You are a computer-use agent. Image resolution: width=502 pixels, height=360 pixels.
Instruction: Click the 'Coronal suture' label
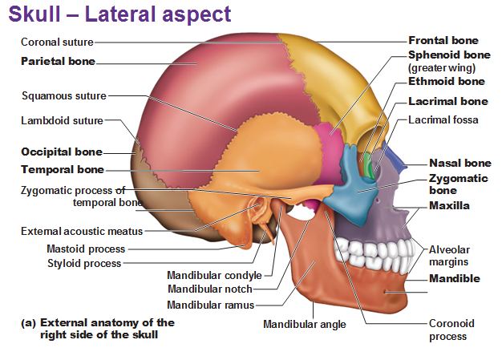57,42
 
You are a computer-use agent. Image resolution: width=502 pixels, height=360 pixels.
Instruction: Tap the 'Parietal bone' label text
58,61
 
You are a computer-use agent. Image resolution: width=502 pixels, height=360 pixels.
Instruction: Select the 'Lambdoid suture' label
62,121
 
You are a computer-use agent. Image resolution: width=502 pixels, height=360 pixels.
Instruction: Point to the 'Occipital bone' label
61,152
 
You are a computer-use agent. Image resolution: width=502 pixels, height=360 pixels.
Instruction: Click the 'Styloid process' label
84,263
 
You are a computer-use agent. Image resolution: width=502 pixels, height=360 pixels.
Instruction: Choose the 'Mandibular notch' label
209,289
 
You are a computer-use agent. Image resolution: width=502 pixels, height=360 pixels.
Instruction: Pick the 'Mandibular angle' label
305,325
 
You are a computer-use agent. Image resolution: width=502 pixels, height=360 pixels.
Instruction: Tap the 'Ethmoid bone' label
447,81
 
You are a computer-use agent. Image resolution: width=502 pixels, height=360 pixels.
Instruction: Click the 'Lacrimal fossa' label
443,120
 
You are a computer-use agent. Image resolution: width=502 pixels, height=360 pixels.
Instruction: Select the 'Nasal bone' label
460,163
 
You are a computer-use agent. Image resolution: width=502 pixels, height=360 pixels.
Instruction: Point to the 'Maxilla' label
449,206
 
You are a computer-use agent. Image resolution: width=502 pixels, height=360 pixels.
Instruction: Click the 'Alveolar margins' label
448,255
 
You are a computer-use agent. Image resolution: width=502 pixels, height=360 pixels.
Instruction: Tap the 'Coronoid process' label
451,330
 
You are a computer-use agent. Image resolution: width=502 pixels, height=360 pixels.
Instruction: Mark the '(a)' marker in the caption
28,322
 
